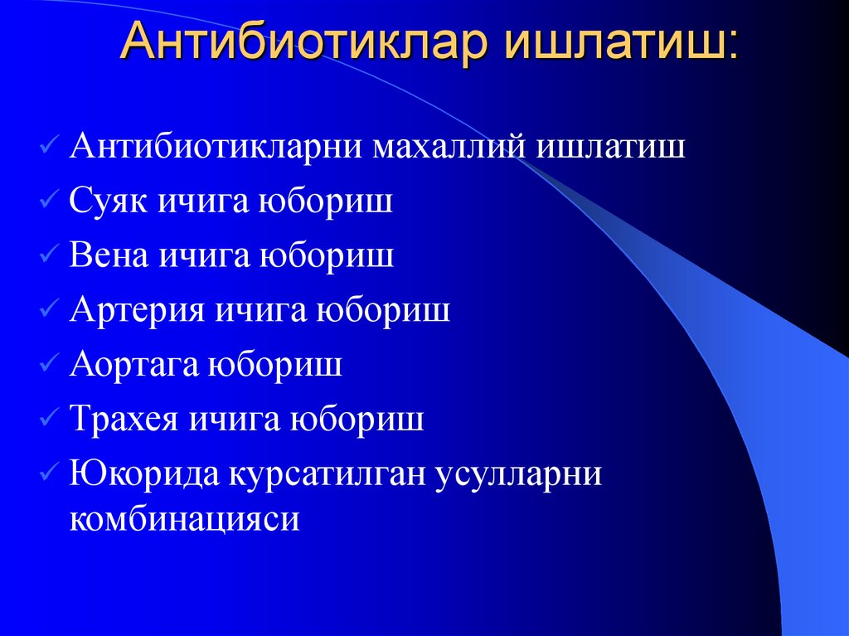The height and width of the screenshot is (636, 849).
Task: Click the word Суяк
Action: [x=109, y=201]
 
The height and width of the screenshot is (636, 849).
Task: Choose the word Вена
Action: [x=109, y=255]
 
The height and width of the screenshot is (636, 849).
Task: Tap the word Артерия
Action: [x=136, y=310]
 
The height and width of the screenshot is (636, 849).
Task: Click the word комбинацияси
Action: [x=184, y=519]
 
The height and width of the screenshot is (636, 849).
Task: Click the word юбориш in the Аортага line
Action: [x=279, y=365]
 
